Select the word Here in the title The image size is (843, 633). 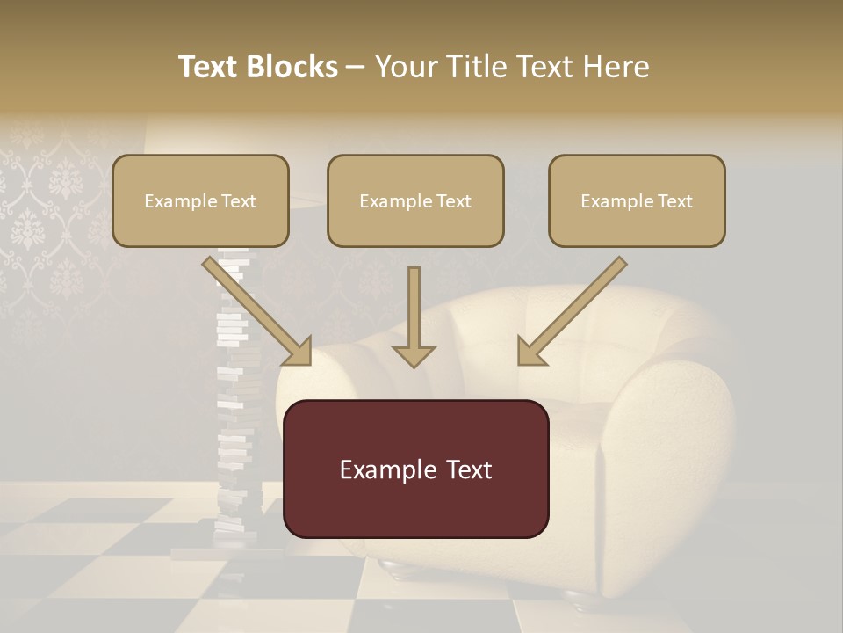[616, 67]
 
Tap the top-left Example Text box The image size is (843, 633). [200, 200]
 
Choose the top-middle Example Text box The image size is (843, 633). [415, 200]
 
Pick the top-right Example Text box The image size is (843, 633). [637, 200]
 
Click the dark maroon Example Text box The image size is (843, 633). [415, 469]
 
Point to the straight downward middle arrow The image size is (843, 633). [414, 316]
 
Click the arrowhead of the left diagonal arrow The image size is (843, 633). [299, 352]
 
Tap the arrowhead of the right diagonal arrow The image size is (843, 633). [530, 352]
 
